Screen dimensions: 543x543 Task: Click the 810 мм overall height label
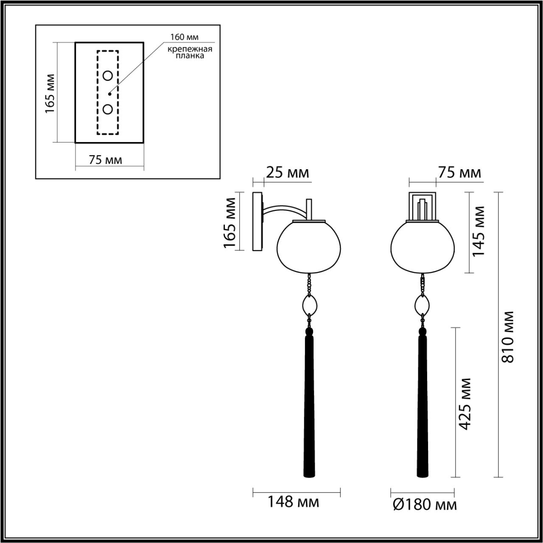(x=507, y=337)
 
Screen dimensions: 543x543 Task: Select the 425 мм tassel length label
(x=466, y=403)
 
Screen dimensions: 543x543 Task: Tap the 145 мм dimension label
(x=478, y=231)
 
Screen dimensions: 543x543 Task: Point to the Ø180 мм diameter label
(x=425, y=505)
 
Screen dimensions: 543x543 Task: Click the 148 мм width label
(x=293, y=502)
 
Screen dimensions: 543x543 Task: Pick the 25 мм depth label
(x=287, y=173)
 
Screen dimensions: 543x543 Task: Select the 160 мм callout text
(x=184, y=37)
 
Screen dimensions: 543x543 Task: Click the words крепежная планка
(x=190, y=52)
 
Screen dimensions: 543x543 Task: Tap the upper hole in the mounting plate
(x=108, y=76)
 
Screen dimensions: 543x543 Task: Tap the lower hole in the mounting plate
(x=108, y=109)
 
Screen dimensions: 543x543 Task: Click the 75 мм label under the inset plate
(x=105, y=160)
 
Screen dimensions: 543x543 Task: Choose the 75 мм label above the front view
(x=459, y=173)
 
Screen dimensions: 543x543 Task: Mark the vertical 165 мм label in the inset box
(x=50, y=94)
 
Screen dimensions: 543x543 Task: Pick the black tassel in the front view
(x=423, y=403)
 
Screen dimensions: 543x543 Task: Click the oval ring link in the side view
(x=311, y=304)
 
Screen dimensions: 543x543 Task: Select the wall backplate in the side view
(x=258, y=221)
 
